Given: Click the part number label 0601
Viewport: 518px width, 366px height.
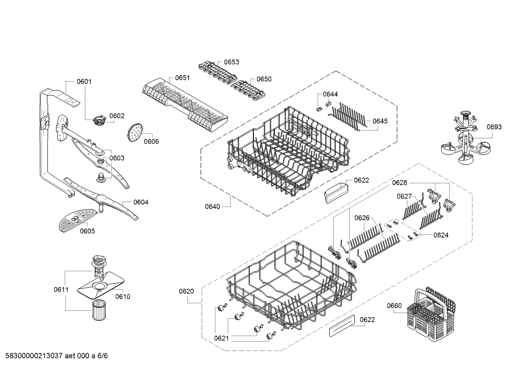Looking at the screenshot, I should click(x=84, y=82).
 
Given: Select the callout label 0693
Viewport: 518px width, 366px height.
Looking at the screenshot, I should click(x=494, y=127).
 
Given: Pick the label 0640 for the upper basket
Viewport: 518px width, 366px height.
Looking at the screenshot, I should click(x=212, y=206).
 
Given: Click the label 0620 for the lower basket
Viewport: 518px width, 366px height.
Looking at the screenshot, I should click(x=186, y=291).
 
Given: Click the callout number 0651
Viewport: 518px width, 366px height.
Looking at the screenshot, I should click(x=182, y=78).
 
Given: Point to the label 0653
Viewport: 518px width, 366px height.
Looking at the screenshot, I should click(x=231, y=62).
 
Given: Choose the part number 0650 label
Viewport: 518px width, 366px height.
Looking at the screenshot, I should click(x=264, y=79).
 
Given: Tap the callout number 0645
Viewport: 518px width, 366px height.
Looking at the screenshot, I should click(x=380, y=121).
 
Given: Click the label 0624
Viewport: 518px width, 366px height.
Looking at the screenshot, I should click(x=441, y=235).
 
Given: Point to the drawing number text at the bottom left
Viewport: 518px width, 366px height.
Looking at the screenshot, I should click(x=54, y=356).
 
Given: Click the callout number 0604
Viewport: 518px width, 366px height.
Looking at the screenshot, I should click(x=141, y=202).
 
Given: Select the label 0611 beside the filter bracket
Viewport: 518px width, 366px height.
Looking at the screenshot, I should click(x=61, y=289).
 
